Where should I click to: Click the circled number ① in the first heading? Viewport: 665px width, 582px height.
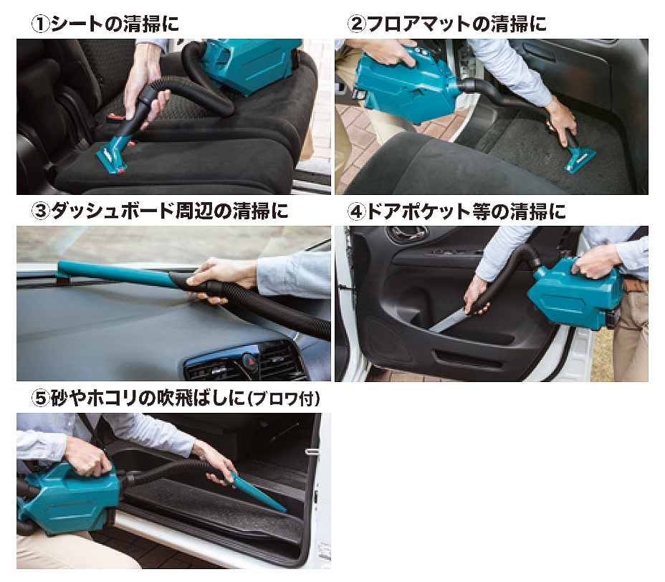pos(41,24)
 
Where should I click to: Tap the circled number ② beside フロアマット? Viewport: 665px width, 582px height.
pos(356,24)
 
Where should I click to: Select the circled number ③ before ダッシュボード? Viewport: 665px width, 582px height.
pos(41,211)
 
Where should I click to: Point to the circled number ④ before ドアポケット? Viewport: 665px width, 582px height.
pos(356,211)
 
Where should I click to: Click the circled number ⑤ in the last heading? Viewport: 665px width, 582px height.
pos(41,398)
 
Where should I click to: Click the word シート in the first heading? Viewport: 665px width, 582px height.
pos(77,24)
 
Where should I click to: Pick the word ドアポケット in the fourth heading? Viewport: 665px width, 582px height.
pos(419,211)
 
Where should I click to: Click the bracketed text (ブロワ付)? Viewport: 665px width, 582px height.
pos(283,399)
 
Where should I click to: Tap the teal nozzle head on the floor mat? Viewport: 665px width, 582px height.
pos(580,161)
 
